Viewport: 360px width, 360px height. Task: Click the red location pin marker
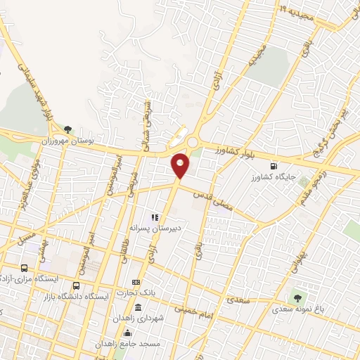pos(181,165)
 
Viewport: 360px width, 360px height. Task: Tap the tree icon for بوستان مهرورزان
pos(68,129)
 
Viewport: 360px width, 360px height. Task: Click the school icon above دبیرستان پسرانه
pos(154,217)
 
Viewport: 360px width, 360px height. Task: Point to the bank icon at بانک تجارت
pos(135,282)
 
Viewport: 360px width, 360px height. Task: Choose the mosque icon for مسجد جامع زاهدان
pos(127,333)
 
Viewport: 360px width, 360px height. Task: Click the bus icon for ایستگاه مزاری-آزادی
pos(25,268)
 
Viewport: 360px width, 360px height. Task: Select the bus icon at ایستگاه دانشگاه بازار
pos(76,285)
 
